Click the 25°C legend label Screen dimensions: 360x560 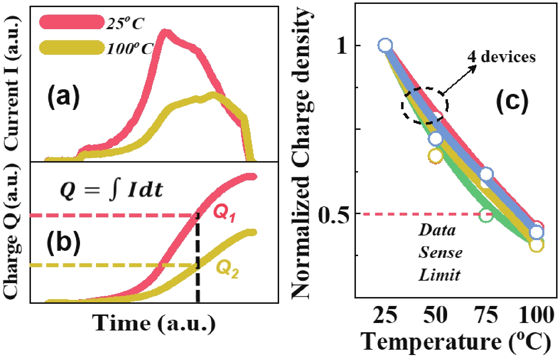pos(125,23)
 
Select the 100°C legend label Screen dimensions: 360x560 pos(129,48)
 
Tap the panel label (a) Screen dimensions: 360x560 pos(63,96)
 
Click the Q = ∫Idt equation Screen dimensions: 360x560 pos(111,190)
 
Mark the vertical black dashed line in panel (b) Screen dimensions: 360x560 pos(198,260)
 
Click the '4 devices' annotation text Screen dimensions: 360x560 pos(501,57)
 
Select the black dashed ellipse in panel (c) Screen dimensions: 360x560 pos(425,105)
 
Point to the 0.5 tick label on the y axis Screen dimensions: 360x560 pos(334,215)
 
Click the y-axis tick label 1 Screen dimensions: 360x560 pos(342,46)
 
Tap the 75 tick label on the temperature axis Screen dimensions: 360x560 pos(486,315)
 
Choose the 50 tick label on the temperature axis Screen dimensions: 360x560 pos(435,315)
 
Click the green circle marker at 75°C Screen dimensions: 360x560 pos(486,215)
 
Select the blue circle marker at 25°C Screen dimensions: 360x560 pos(385,46)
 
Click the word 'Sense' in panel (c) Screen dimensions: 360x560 pos(440,253)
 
